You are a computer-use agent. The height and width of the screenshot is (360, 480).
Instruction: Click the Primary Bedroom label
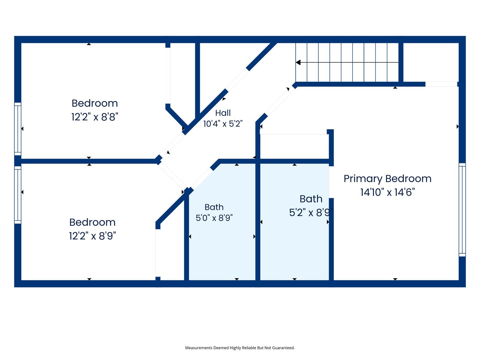(x=387, y=179)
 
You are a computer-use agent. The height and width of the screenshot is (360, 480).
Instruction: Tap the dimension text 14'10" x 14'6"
(x=387, y=192)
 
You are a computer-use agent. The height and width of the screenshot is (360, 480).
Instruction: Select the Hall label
(x=223, y=113)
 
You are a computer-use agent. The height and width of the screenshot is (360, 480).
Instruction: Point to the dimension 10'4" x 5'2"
(x=223, y=124)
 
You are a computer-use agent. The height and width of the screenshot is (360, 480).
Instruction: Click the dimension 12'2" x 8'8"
(x=95, y=117)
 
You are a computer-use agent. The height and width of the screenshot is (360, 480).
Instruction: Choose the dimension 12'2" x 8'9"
(x=92, y=236)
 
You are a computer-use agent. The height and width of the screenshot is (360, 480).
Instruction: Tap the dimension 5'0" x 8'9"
(x=214, y=218)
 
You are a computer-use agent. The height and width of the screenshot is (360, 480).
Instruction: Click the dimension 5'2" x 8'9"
(x=311, y=212)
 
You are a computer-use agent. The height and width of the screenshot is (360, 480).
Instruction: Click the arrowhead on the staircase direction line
(x=298, y=63)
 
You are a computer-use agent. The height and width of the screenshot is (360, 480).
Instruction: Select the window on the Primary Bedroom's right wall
(x=462, y=210)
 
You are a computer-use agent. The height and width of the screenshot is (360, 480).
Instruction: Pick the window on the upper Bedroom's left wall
(x=18, y=129)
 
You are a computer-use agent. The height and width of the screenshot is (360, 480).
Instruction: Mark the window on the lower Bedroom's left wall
(x=18, y=195)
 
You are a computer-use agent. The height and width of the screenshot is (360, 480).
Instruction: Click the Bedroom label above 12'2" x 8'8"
(x=95, y=103)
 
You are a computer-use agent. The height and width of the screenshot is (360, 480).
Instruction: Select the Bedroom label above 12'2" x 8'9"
(x=92, y=222)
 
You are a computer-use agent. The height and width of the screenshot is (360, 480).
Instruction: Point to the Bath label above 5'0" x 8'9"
(x=214, y=207)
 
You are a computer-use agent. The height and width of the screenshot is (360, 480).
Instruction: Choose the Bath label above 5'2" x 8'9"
(x=311, y=199)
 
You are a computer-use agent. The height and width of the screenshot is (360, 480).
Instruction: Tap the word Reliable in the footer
(x=250, y=348)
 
